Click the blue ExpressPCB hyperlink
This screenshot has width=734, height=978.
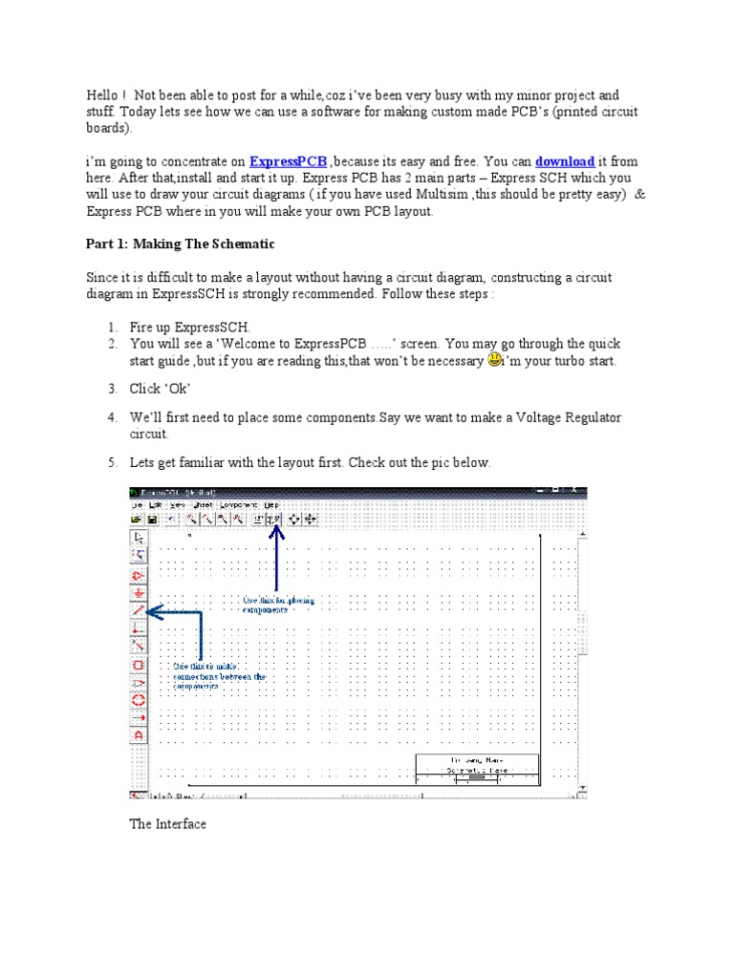[x=288, y=162]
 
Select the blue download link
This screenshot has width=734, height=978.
[x=565, y=162]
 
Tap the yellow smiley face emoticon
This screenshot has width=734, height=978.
[x=494, y=360]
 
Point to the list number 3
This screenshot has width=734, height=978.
[x=112, y=389]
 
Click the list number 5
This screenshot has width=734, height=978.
[x=112, y=463]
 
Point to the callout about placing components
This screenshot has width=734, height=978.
[x=278, y=605]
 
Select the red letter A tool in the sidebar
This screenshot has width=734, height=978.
[x=139, y=736]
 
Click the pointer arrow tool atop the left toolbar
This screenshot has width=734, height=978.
[x=139, y=538]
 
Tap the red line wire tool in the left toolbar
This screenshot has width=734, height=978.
[x=139, y=610]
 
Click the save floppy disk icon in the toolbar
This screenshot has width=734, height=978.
[x=152, y=519]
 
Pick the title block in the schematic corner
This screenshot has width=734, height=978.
[x=477, y=770]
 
